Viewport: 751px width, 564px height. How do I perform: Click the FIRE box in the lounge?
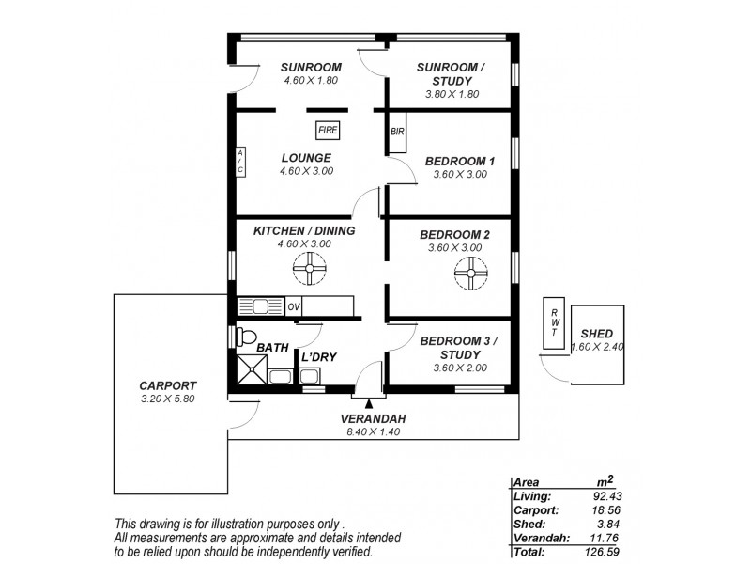click(328, 131)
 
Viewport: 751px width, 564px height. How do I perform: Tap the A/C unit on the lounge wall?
click(240, 162)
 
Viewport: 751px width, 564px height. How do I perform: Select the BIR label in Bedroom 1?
click(397, 132)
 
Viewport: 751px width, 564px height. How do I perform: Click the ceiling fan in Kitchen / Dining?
click(309, 274)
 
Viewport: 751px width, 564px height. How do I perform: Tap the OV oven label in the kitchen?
click(294, 305)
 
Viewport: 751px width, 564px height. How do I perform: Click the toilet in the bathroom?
click(244, 337)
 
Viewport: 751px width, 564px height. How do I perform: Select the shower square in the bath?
click(251, 370)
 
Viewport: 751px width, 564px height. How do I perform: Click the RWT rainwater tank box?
click(554, 325)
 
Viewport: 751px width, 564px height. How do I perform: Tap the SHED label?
click(597, 334)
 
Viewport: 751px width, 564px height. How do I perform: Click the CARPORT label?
click(168, 385)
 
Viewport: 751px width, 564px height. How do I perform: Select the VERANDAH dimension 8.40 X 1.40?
click(373, 433)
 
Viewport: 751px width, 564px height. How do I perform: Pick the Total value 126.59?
click(605, 551)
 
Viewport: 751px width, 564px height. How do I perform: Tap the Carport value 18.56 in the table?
click(608, 509)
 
